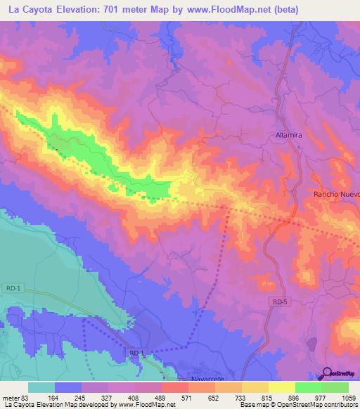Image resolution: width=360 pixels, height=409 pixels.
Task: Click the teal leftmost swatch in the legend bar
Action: click(x=41, y=387)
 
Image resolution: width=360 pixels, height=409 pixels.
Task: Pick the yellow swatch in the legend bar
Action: click(x=282, y=387)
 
